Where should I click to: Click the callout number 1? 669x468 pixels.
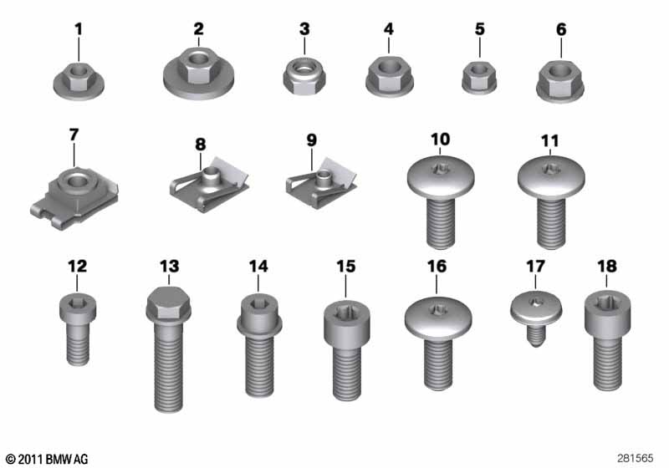pos(79,29)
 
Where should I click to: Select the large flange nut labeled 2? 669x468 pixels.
pos(199,74)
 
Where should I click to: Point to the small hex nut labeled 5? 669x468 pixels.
pos(479,78)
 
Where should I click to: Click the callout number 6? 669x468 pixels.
pos(561,29)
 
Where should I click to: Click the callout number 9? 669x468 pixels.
pos(312,140)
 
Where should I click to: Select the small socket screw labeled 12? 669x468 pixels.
pos(78,329)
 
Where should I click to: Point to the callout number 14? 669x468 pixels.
pos(258,267)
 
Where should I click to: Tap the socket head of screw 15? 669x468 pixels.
pos(346,323)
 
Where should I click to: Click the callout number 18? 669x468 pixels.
pos(607,267)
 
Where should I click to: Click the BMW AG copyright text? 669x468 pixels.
pos(47,459)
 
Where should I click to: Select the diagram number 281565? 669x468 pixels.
pos(635,458)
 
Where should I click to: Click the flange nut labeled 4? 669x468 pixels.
pos(389,78)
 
